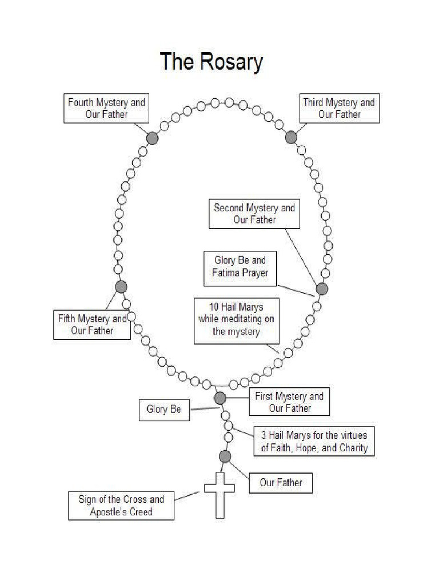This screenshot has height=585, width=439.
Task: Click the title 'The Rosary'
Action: pos(211,62)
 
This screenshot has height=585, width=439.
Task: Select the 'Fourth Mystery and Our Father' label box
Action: pos(106,109)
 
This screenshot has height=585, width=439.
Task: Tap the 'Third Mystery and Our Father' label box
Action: pos(339,109)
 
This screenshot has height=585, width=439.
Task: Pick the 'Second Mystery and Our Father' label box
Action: pos(254,214)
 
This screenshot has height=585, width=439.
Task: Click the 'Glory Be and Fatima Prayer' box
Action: pos(240,267)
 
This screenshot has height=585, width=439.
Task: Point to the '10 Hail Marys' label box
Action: pos(237,320)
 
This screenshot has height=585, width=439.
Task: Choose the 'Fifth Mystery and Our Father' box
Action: pos(92,324)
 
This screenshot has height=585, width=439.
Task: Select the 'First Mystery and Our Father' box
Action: pos(289,402)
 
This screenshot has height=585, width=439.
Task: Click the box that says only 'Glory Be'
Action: pos(164,409)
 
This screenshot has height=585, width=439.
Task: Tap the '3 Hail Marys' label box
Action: pos(314,442)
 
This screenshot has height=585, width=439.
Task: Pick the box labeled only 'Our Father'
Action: pos(281,483)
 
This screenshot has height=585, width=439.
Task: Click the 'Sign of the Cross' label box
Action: pos(121,506)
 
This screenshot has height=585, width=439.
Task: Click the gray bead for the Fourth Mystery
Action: pos(152,138)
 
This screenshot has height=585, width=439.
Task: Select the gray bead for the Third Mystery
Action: pos(291,137)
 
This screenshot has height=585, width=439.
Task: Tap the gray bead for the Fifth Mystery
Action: pos(121,287)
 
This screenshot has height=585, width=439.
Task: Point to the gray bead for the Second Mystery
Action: pos(322,289)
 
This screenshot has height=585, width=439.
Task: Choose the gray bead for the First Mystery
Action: pos(220,398)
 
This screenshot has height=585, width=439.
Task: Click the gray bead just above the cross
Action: pos(225,456)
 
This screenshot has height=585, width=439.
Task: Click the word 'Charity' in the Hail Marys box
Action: pos(353,448)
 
